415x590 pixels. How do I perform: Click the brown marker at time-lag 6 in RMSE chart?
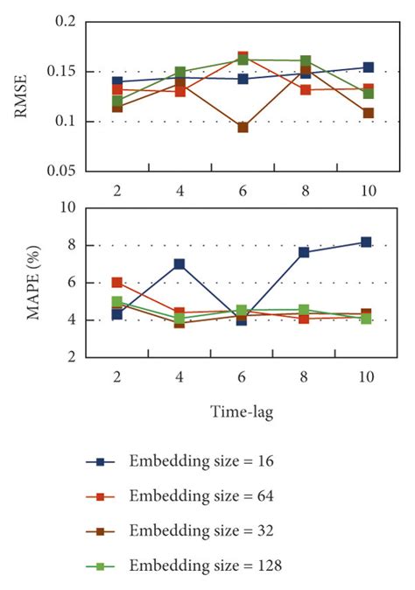(x=243, y=128)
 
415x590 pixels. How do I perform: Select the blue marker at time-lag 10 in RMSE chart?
(x=369, y=67)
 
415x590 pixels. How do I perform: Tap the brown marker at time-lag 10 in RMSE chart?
(x=369, y=113)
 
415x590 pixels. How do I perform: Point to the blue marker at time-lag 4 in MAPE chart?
(x=179, y=264)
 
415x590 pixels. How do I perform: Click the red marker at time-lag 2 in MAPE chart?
(x=116, y=283)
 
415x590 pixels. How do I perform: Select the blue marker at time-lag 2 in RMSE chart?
(x=116, y=81)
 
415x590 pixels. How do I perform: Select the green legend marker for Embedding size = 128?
(x=102, y=566)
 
